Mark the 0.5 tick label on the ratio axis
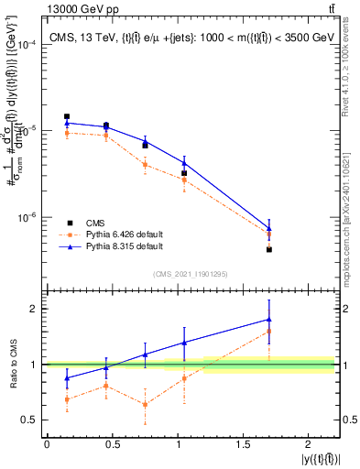[30, 420]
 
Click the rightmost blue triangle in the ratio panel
[268, 320]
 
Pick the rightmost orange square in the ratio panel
[268, 331]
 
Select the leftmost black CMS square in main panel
[67, 116]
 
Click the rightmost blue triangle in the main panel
[268, 228]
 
